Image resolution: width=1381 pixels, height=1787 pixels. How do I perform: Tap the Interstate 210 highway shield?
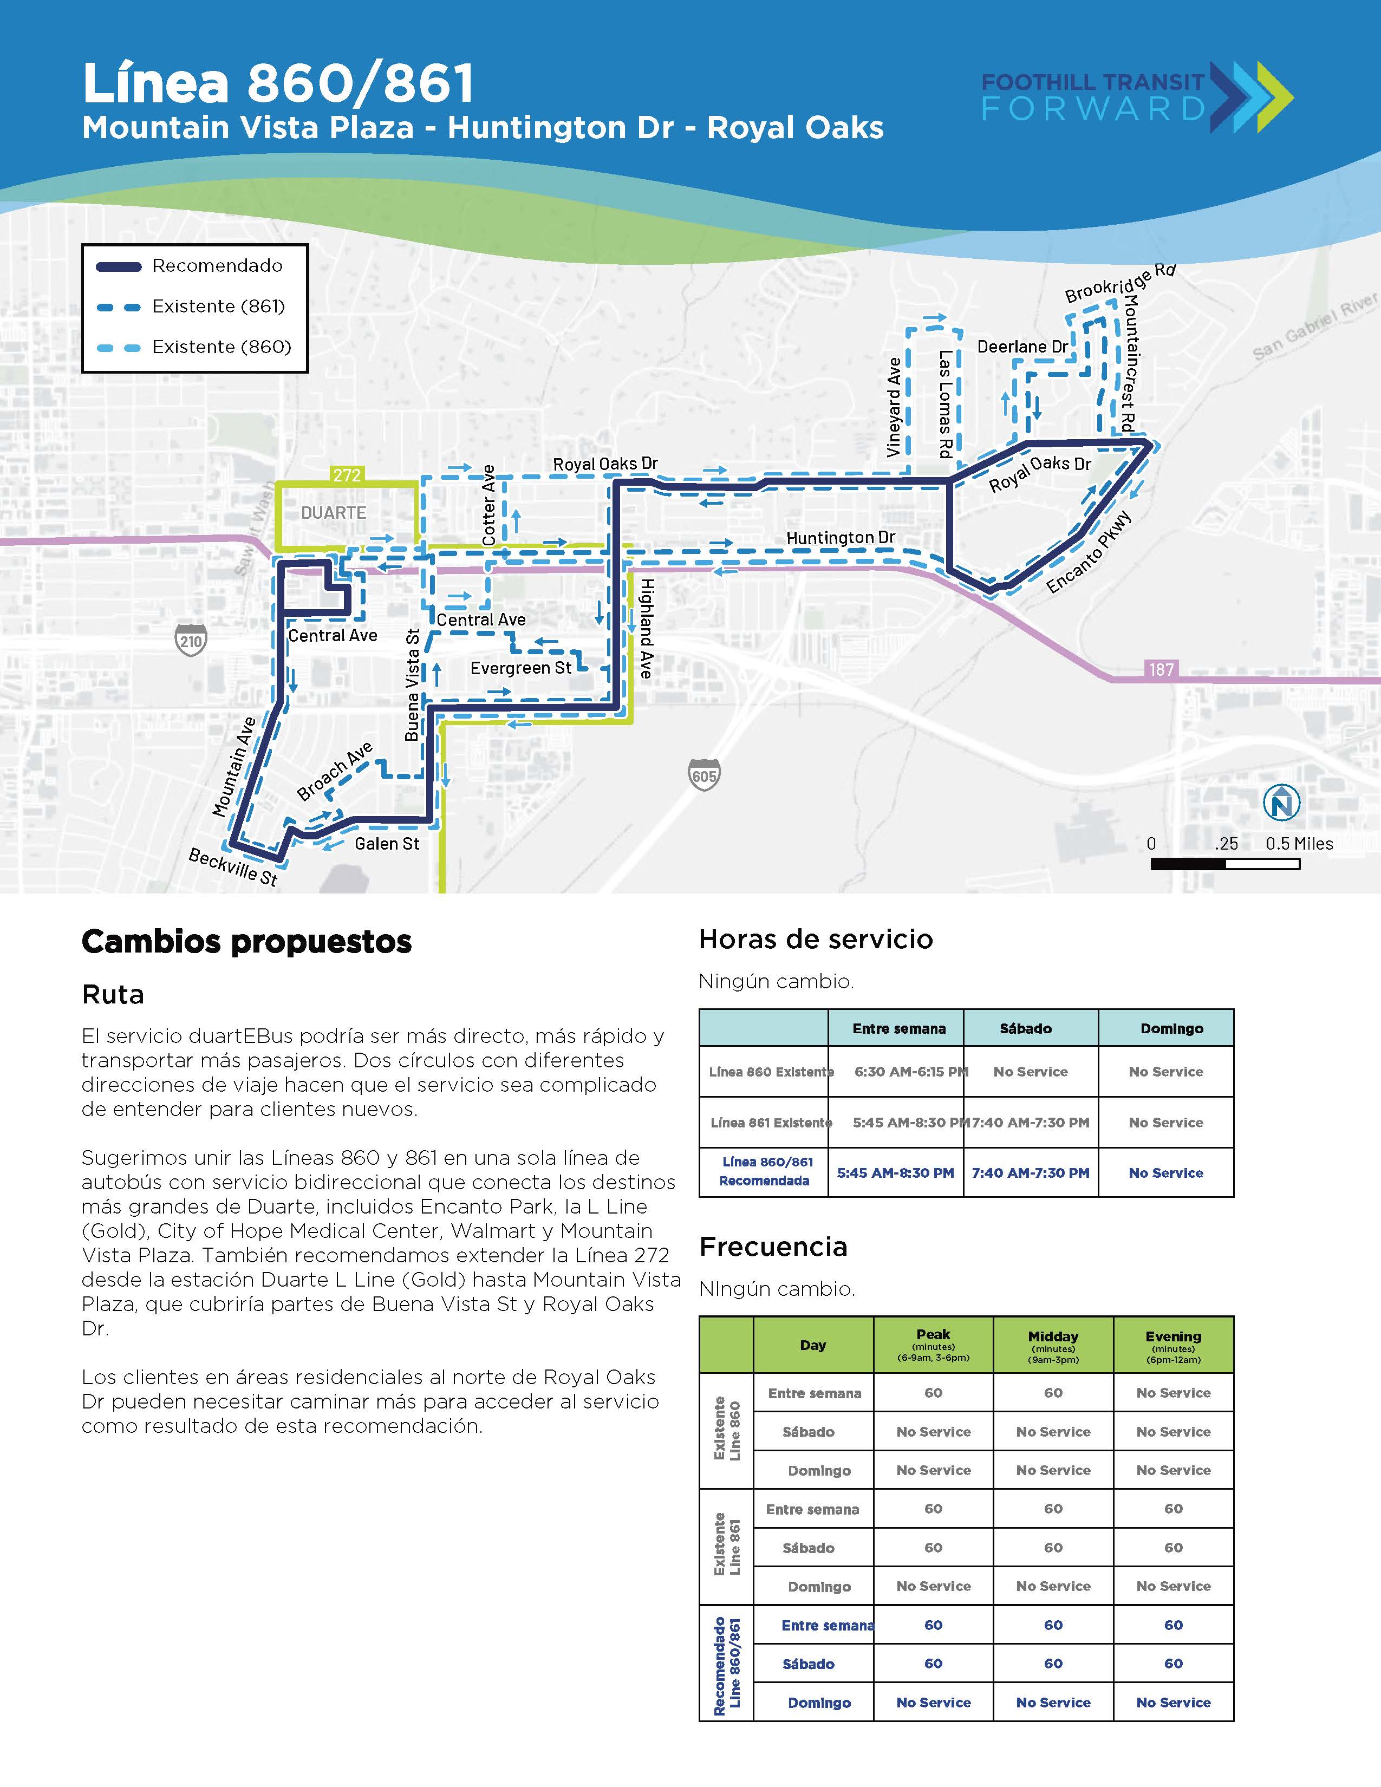(191, 640)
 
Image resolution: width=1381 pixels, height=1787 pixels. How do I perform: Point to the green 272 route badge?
(347, 474)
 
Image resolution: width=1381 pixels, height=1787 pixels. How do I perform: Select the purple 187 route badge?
(1161, 669)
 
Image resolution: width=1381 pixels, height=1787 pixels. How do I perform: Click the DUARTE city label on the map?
(333, 513)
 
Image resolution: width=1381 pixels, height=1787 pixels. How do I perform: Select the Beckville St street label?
(233, 866)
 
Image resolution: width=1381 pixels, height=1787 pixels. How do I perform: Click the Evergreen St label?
(520, 668)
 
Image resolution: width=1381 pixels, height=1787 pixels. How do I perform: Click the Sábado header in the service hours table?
(1025, 1028)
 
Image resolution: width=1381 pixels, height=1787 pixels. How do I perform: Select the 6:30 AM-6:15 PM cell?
(910, 1072)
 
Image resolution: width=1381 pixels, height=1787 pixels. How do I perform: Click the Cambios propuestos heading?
(246, 942)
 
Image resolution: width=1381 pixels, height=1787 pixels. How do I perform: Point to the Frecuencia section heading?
(773, 1247)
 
